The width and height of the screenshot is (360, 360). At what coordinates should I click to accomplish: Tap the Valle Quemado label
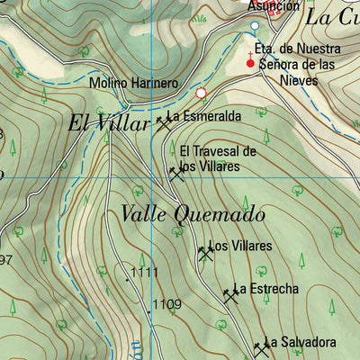pos(193,214)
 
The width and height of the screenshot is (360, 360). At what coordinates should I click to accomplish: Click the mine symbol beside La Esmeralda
pos(163,121)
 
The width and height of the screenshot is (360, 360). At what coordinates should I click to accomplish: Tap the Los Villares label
pos(241,247)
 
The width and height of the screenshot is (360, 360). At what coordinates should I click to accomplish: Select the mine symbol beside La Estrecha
pos(229,294)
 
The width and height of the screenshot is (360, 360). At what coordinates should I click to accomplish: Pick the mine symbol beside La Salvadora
pos(261,347)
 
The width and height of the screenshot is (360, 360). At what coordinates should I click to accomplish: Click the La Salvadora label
pos(300,342)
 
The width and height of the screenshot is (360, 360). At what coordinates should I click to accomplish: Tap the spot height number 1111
pos(144,271)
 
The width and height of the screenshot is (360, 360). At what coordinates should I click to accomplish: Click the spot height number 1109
pos(166,304)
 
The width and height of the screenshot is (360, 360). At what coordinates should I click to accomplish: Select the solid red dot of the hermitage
pos(251,64)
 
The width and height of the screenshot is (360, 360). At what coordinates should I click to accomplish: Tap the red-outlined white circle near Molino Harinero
pos(201,92)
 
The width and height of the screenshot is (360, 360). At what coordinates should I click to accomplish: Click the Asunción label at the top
pos(274,5)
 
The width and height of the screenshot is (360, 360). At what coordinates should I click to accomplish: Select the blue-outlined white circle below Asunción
pos(254,25)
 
